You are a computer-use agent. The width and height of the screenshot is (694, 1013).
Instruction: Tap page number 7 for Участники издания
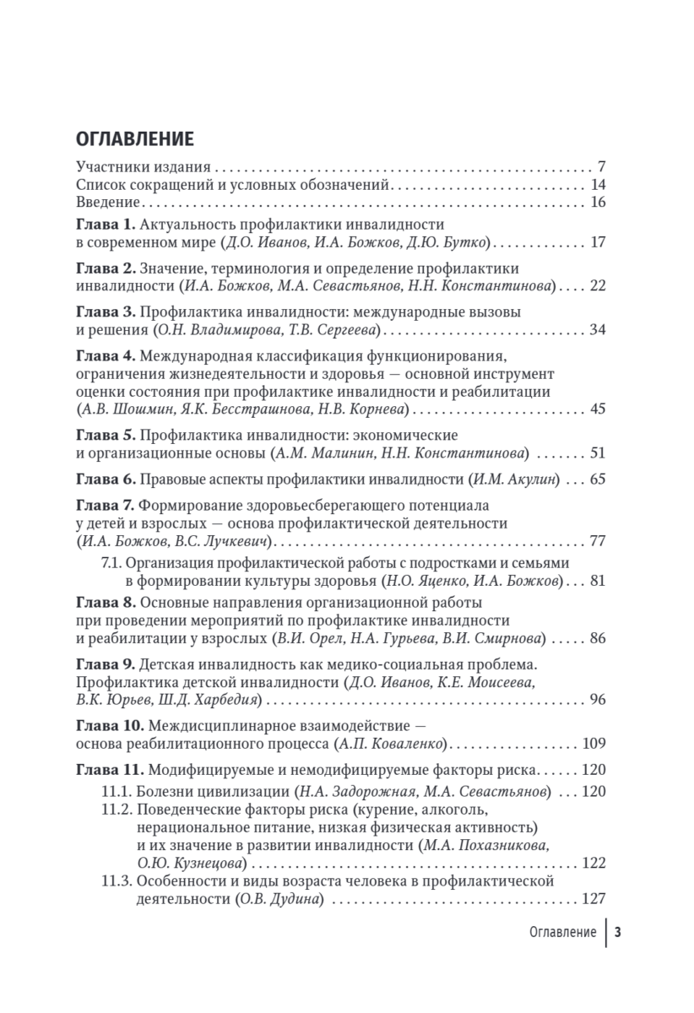(x=602, y=166)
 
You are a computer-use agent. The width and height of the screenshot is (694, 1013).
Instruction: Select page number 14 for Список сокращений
(x=599, y=185)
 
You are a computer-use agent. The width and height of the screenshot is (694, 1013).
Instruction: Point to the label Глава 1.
(x=106, y=225)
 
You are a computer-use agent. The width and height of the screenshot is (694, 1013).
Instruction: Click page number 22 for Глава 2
(x=598, y=286)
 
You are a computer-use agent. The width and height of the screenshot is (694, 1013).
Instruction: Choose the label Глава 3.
(x=106, y=311)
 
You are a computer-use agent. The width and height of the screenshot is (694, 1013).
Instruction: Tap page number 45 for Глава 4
(x=598, y=409)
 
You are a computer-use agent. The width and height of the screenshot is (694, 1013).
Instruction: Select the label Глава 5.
(x=106, y=435)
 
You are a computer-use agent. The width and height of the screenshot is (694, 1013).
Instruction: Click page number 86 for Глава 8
(x=598, y=638)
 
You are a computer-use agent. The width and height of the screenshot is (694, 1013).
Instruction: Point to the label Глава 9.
(x=106, y=664)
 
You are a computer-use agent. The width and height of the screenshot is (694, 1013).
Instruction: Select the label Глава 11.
(x=109, y=770)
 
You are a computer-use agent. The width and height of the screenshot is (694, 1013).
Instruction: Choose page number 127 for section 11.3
(x=594, y=899)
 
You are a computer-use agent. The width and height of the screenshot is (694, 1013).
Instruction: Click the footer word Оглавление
(x=562, y=933)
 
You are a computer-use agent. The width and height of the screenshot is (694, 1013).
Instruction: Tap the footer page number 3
(x=617, y=933)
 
